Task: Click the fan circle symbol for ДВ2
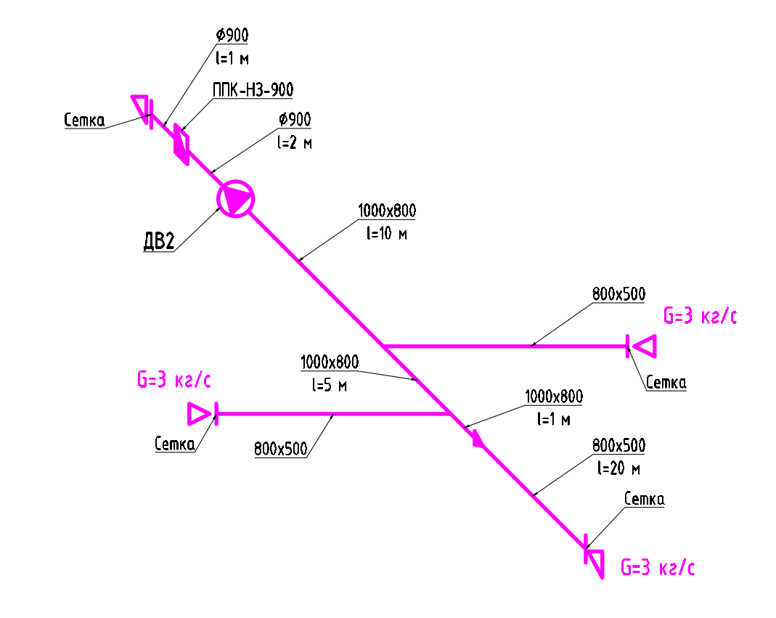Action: [x=236, y=198]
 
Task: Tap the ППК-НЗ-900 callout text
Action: [x=253, y=90]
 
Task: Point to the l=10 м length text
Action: [x=388, y=234]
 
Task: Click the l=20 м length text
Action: [x=618, y=468]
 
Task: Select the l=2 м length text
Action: [x=294, y=142]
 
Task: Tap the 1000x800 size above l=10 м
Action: [x=387, y=211]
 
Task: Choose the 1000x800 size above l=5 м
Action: [x=329, y=362]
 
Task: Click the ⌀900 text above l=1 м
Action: [x=232, y=35]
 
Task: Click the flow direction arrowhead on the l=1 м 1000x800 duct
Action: [x=477, y=439]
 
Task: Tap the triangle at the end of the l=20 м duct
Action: [x=595, y=562]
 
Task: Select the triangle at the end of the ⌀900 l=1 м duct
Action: [x=140, y=105]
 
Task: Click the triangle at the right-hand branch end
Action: [x=645, y=346]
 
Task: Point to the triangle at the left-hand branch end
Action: [x=198, y=413]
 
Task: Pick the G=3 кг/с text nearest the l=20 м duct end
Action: [x=658, y=568]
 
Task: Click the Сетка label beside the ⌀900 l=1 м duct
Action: [x=83, y=121]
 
